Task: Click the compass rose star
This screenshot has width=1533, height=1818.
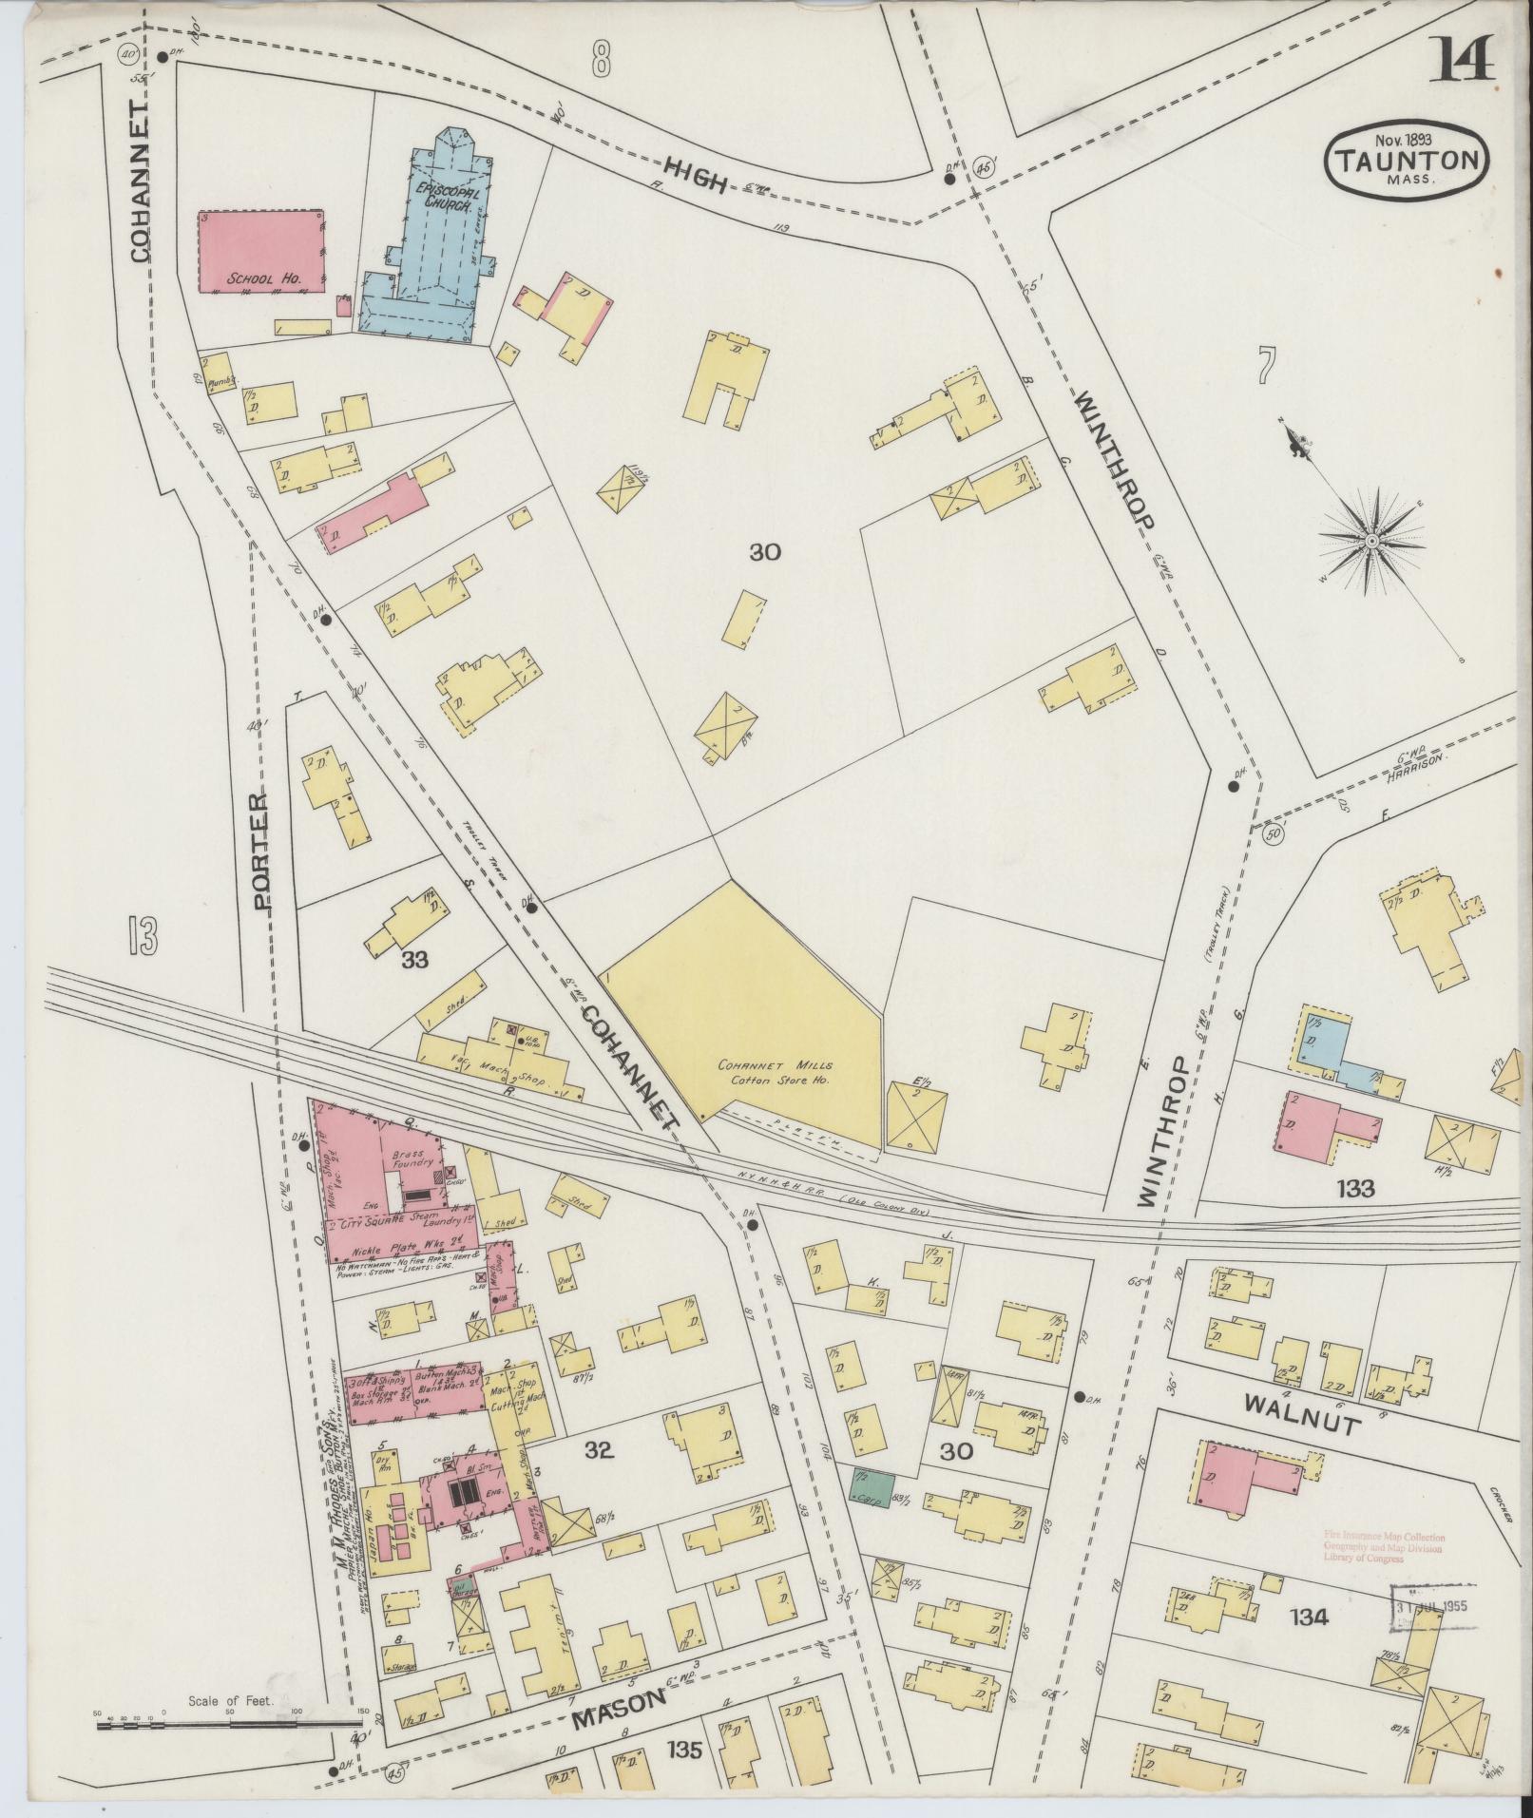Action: coord(1371,541)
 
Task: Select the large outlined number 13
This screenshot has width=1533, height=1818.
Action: coord(141,936)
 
